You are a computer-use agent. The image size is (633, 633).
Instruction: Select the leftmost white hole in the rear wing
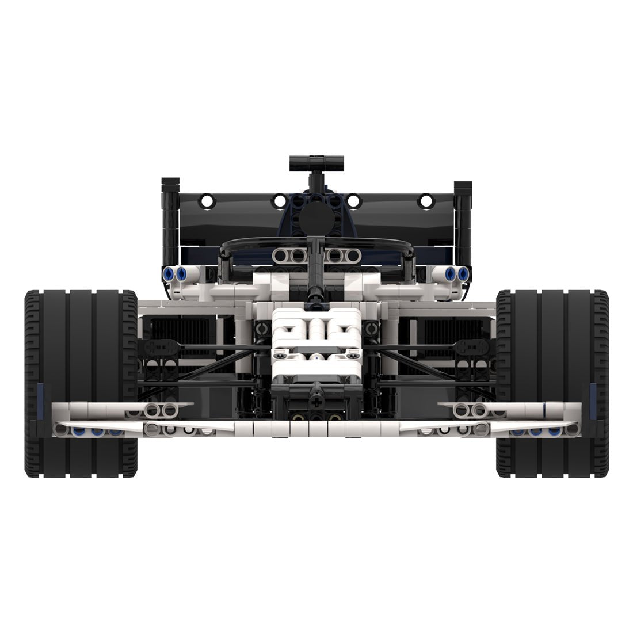click(205, 200)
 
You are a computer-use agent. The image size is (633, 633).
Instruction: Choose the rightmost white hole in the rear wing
click(426, 200)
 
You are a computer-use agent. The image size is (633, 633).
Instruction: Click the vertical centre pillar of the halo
click(315, 270)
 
